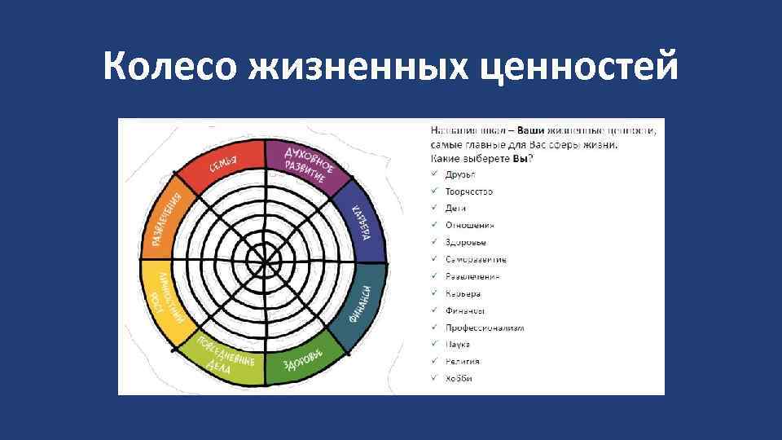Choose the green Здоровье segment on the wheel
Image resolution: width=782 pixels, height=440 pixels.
pyautogui.click(x=305, y=360)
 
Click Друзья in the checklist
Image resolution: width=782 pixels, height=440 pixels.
pyautogui.click(x=460, y=174)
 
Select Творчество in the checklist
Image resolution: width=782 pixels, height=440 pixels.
pyautogui.click(x=468, y=191)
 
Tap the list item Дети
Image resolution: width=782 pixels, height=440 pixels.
pyautogui.click(x=455, y=209)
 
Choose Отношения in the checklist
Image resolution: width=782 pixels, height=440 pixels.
pyautogui.click(x=470, y=225)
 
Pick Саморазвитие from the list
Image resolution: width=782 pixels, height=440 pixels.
pyautogui.click(x=476, y=259)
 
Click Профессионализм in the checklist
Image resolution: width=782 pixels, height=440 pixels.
pyautogui.click(x=484, y=328)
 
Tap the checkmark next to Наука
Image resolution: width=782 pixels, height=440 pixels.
pyautogui.click(x=435, y=345)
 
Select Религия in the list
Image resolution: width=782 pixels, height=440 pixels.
pyautogui.click(x=462, y=361)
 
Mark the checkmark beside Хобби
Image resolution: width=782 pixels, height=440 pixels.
pyautogui.click(x=435, y=378)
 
